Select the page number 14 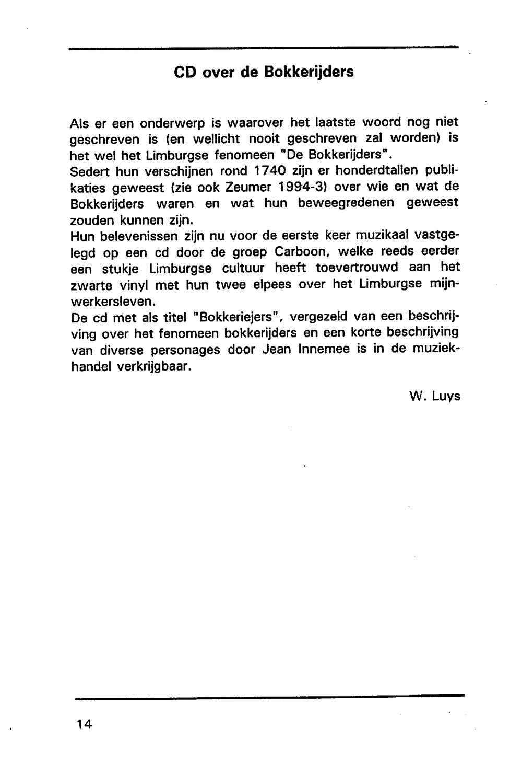click(x=84, y=724)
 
